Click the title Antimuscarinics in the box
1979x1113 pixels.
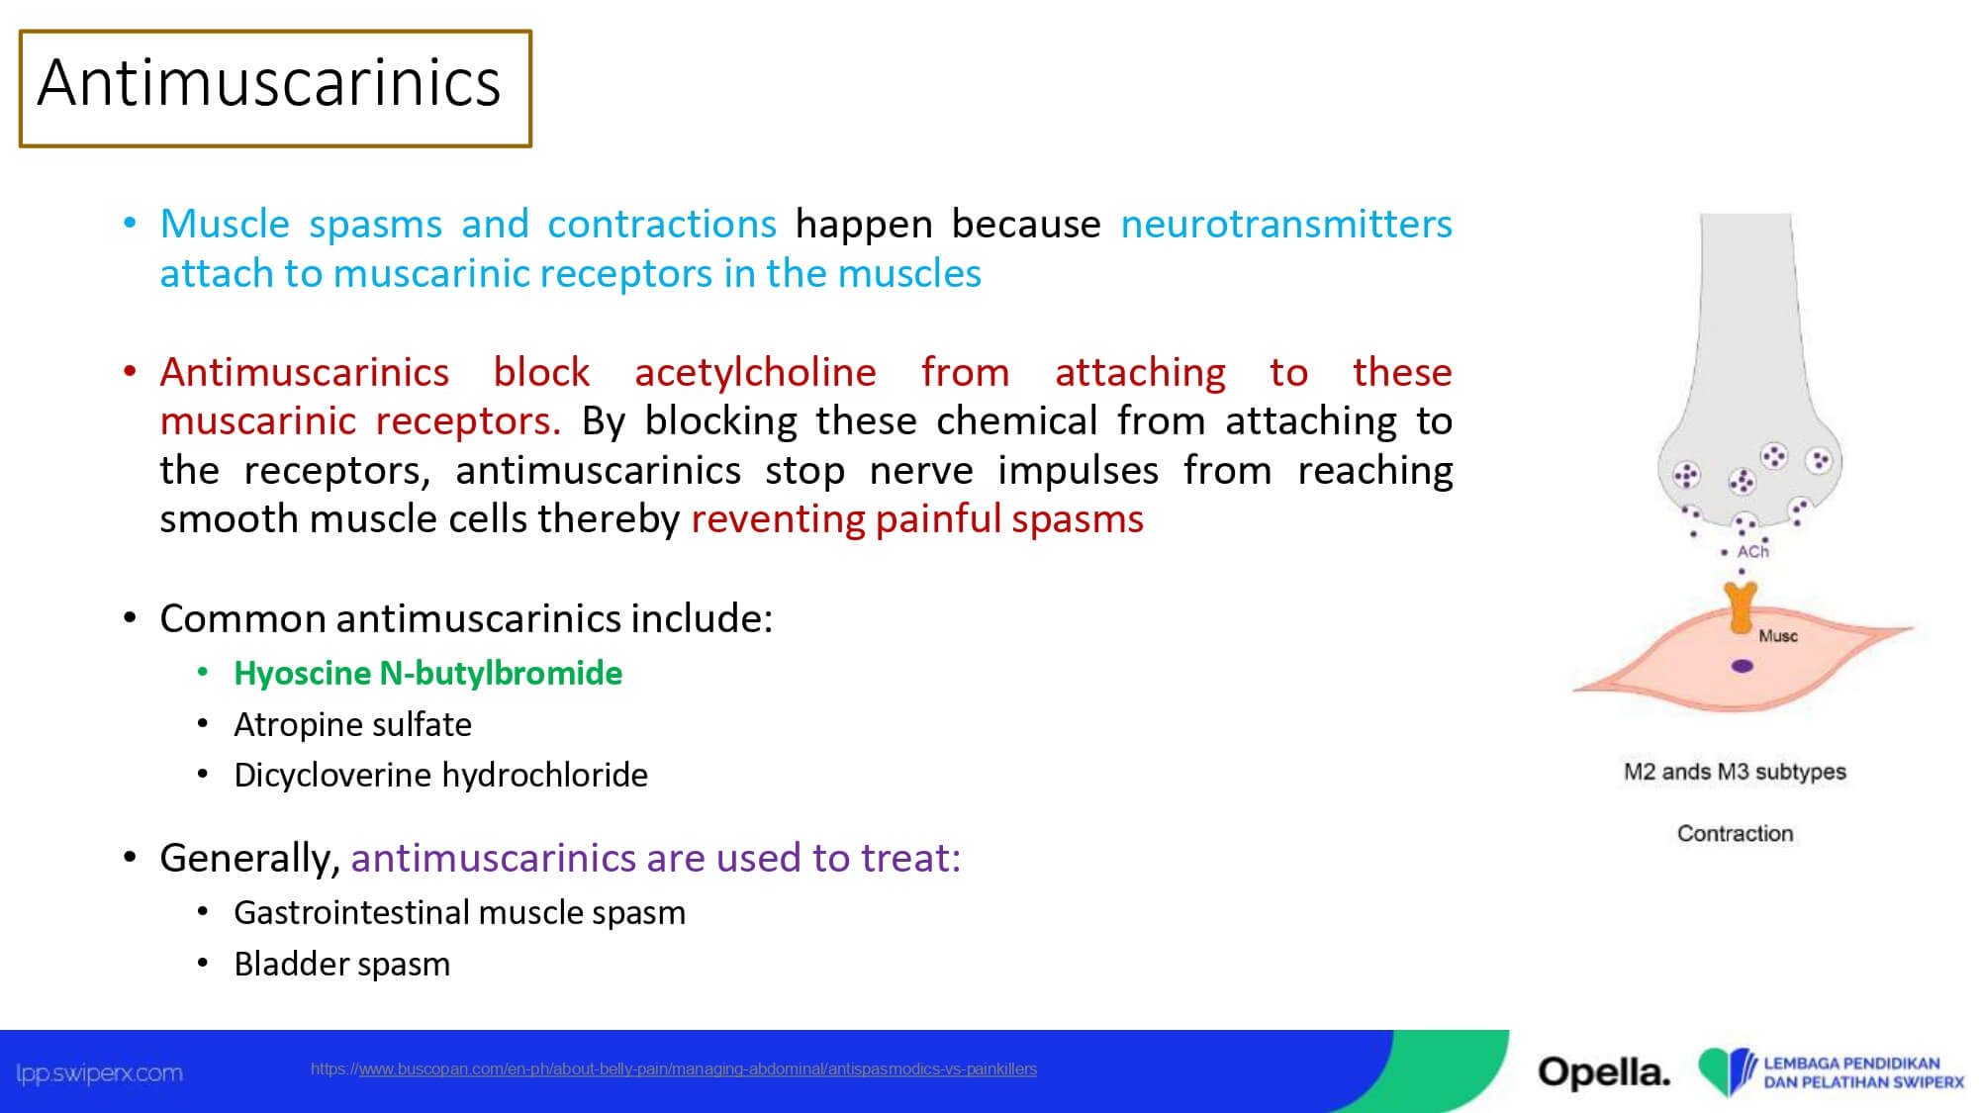click(x=269, y=82)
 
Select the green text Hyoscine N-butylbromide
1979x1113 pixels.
click(x=428, y=674)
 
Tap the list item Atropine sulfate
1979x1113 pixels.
click(x=352, y=724)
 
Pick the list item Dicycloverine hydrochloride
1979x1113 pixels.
click(x=440, y=775)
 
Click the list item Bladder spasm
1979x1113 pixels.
click(x=341, y=964)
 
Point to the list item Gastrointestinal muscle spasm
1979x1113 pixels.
click(x=459, y=912)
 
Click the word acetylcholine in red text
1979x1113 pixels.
click(x=755, y=373)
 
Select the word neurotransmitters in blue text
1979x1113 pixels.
click(x=1286, y=225)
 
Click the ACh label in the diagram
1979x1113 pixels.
click(x=1752, y=552)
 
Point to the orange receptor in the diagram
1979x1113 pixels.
click(x=1741, y=607)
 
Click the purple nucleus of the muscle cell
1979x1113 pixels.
click(x=1742, y=666)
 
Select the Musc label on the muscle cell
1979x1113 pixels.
click(x=1777, y=636)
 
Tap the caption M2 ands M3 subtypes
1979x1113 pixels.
click(x=1735, y=772)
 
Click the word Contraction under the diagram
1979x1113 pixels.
click(x=1735, y=834)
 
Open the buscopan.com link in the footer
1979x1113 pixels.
click(x=674, y=1069)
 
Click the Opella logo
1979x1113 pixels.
click(x=1603, y=1072)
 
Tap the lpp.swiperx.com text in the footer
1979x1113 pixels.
click(x=99, y=1073)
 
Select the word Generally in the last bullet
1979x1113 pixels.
click(x=250, y=859)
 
